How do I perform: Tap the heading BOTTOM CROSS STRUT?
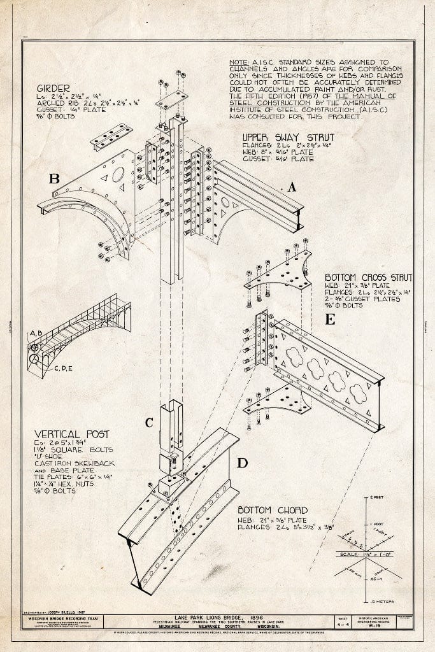tap(367, 278)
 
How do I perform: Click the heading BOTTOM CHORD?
tap(272, 510)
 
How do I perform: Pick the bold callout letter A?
tap(292, 187)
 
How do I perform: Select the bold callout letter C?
tap(149, 422)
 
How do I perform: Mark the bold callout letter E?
tap(330, 320)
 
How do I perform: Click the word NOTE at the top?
tap(239, 62)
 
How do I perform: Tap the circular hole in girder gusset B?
tap(118, 174)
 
